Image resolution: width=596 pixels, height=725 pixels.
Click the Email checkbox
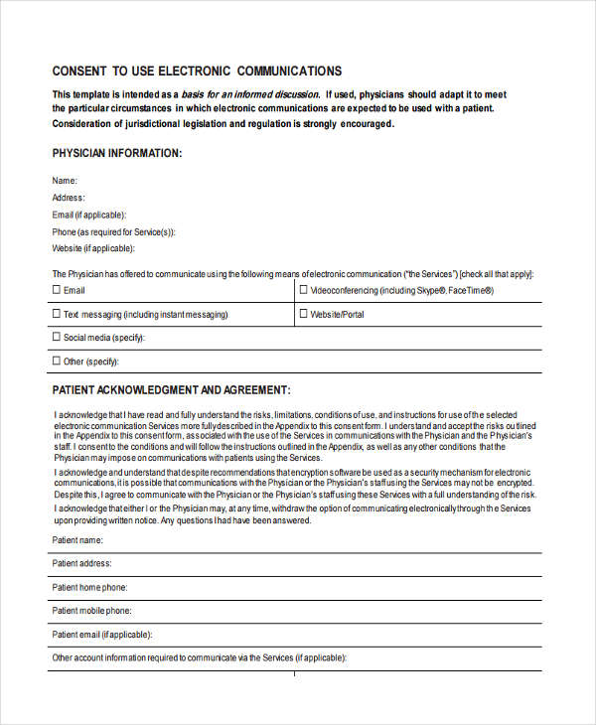coord(56,291)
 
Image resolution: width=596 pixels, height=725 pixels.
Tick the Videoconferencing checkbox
coord(303,291)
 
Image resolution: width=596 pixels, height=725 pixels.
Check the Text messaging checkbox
coord(56,314)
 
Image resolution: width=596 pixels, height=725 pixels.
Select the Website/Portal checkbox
coord(303,314)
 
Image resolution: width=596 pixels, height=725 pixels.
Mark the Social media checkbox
coord(56,338)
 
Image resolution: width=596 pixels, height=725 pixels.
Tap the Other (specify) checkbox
coord(56,362)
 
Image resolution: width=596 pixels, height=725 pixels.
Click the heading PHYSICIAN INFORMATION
coord(116,153)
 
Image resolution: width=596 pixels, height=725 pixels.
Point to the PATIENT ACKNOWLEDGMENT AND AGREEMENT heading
coord(171,390)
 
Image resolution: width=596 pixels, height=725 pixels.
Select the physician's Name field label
coord(64,181)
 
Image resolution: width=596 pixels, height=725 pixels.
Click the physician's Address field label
coord(69,198)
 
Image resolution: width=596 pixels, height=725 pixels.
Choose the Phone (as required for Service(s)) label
coord(113,231)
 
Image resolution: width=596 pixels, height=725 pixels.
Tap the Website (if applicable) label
coord(92,248)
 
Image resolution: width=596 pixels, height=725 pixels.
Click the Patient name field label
coord(77,540)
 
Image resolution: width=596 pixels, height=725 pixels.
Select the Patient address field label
coord(81,563)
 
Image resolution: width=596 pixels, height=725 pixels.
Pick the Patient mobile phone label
coord(91,611)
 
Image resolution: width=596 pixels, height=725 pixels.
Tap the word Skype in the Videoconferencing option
coord(429,291)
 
